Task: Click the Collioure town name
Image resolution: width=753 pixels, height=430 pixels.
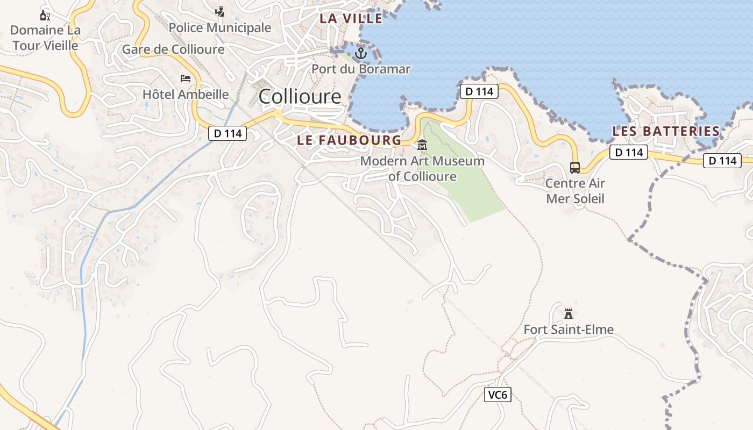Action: (x=300, y=97)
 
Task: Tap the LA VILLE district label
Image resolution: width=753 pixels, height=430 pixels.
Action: (x=351, y=18)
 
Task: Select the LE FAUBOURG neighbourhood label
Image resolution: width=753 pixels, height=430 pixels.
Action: (x=349, y=140)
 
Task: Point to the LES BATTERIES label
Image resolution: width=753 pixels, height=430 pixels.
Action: (x=666, y=131)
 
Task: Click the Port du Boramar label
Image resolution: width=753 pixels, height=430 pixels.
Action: (x=361, y=69)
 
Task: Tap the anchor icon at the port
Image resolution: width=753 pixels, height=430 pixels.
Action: (x=361, y=53)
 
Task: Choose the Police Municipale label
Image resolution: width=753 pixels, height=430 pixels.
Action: (x=220, y=27)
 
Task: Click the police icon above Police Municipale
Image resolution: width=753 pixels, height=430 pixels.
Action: (x=219, y=11)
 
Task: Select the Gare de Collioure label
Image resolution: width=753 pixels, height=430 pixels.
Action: (x=173, y=49)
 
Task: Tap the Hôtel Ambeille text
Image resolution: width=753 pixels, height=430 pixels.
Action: (x=186, y=95)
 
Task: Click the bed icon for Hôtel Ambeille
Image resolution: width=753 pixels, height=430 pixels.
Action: (x=186, y=78)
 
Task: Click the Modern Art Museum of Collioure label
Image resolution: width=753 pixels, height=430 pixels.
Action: (x=422, y=169)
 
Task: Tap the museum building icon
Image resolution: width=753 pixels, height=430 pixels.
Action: (x=422, y=145)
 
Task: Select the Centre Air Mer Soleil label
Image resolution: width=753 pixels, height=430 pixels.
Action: (x=575, y=191)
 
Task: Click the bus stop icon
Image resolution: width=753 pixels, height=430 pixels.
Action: (x=575, y=168)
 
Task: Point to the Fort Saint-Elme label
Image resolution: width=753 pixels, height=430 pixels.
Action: (x=569, y=329)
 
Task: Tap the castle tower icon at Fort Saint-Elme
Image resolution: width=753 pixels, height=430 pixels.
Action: (x=569, y=313)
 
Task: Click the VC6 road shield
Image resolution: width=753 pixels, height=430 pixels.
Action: (x=497, y=395)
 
